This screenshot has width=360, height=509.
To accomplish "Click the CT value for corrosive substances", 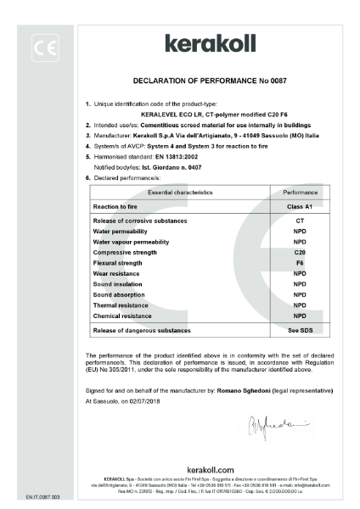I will coord(299,220).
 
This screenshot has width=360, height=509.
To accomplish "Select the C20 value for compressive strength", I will coord(299,252).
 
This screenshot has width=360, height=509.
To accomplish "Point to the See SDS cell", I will coord(299,329).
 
